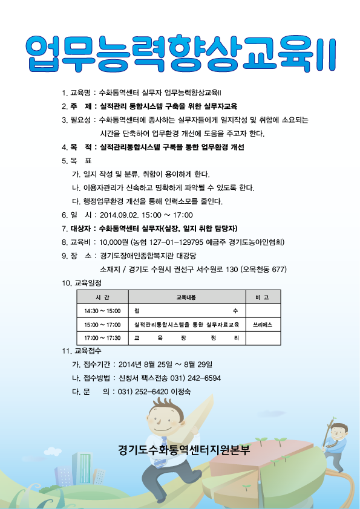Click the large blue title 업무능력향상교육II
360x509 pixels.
tap(180, 53)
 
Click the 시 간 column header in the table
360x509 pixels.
tap(102, 297)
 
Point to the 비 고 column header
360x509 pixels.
tap(263, 297)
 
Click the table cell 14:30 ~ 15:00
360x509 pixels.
tap(102, 311)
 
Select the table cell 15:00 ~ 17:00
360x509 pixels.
tap(102, 325)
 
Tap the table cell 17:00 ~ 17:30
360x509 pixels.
tap(102, 338)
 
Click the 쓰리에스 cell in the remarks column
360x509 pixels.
tap(263, 325)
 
